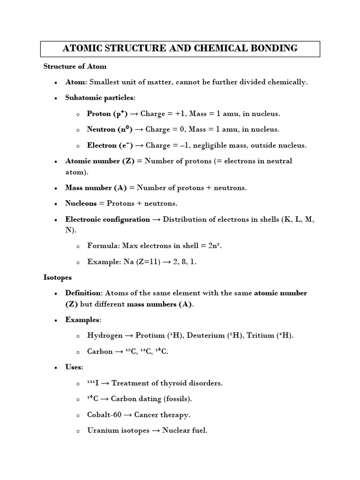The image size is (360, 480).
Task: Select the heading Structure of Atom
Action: (75, 66)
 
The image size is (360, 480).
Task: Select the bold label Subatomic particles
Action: (99, 98)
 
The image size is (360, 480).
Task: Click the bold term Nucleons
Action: (81, 203)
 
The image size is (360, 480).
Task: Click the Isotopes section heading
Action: (58, 277)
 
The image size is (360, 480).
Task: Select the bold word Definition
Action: (83, 293)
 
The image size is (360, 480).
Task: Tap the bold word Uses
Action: (73, 367)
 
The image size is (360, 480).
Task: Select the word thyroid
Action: (176, 383)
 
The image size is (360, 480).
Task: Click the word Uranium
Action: (102, 430)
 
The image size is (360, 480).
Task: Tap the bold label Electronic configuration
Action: (107, 219)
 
